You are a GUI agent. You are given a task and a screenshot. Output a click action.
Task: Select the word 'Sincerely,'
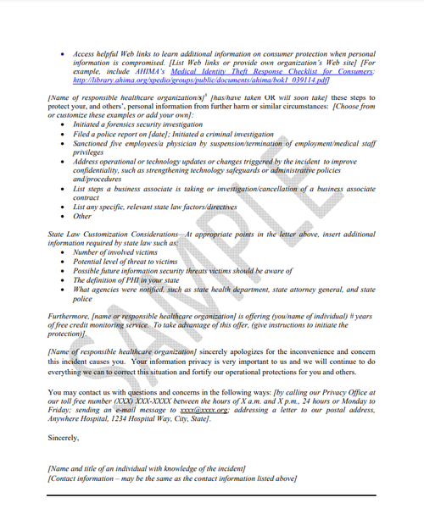click(64, 438)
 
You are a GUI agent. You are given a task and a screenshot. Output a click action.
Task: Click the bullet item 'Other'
click(82, 216)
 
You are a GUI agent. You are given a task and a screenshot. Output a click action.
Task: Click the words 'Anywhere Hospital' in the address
click(80, 419)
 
